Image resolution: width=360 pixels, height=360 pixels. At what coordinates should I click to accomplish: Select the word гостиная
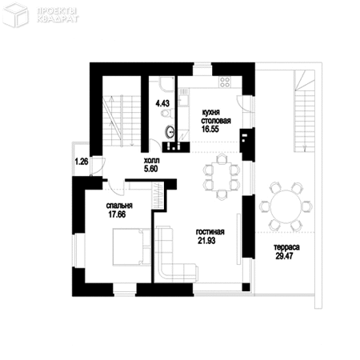[x=210, y=233]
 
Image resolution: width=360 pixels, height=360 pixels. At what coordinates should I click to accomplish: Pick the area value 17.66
[x=118, y=214]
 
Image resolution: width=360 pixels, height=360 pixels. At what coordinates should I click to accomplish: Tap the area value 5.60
[x=142, y=169]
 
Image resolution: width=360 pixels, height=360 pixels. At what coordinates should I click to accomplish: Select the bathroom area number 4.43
[x=162, y=104]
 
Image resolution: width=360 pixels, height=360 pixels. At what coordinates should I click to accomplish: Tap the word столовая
[x=216, y=121]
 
